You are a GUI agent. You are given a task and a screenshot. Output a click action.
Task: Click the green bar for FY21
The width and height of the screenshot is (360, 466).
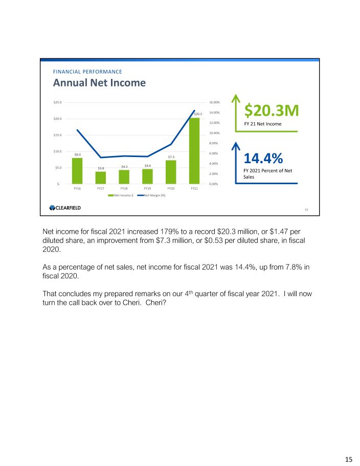[194, 151]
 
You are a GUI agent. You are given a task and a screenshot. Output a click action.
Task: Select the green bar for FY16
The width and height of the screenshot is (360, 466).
[77, 171]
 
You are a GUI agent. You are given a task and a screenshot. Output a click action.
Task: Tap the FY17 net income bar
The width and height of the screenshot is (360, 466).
[101, 177]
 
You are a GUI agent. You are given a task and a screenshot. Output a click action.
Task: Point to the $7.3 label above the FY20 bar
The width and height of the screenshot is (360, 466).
[171, 157]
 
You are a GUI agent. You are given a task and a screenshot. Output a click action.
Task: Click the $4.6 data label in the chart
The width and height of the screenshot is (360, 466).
[148, 165]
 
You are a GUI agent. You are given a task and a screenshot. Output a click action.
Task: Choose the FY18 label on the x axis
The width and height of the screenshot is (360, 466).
[124, 188]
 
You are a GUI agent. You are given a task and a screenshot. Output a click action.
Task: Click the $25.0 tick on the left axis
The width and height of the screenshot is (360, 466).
[57, 102]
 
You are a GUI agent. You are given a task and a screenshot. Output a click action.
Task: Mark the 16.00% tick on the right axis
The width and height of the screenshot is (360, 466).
[215, 102]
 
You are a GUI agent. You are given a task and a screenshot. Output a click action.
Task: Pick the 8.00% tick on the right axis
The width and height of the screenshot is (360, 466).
[215, 143]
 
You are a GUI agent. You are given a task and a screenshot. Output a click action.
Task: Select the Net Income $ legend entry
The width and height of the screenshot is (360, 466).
[121, 195]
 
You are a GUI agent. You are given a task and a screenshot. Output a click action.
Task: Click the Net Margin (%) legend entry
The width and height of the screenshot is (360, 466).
[152, 195]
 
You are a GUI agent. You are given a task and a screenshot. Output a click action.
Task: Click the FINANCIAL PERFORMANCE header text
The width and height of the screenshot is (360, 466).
[87, 72]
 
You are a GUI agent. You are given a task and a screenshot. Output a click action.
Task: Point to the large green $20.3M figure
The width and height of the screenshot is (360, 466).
[271, 110]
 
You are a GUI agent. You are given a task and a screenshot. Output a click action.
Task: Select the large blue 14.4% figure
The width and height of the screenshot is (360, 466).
[263, 158]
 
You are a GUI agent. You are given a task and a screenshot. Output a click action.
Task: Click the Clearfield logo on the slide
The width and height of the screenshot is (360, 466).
[65, 207]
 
